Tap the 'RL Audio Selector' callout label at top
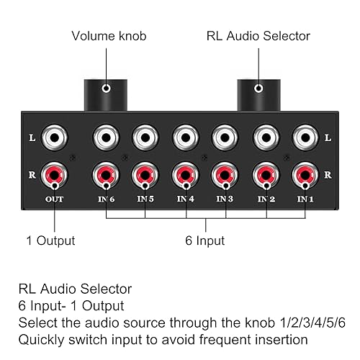tap(258, 35)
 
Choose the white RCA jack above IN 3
tap(225, 137)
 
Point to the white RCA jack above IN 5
tap(145, 137)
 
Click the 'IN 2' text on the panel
tap(267, 198)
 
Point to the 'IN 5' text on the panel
tap(145, 198)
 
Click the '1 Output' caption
tap(50, 240)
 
